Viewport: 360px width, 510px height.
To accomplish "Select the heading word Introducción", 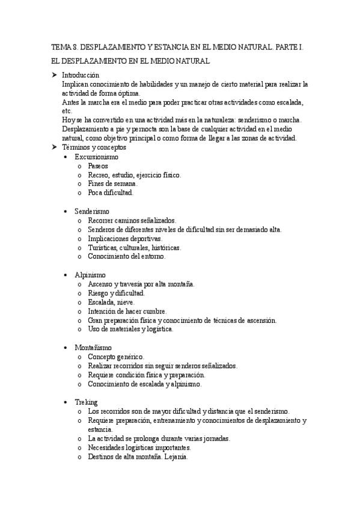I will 80,75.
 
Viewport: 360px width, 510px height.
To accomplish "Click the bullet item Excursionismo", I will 96,157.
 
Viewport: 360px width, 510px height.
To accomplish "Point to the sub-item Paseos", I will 97,166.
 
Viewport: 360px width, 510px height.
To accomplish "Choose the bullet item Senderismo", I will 91,212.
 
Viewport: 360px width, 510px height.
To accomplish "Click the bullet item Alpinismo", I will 90,275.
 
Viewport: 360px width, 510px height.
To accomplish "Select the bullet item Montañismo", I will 93,348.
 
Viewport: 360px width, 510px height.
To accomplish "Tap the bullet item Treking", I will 87,402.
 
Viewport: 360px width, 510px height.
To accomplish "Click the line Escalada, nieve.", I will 111,302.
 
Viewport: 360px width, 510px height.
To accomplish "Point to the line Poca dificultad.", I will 111,193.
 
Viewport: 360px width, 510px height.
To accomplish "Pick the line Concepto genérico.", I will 115,357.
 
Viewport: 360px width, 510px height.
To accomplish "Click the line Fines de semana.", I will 112,184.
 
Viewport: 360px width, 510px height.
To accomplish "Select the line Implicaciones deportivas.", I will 124,239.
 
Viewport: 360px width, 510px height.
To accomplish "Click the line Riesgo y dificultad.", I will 116,293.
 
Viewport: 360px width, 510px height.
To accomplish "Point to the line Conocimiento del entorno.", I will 126,257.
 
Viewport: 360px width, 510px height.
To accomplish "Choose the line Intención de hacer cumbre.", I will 127,311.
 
